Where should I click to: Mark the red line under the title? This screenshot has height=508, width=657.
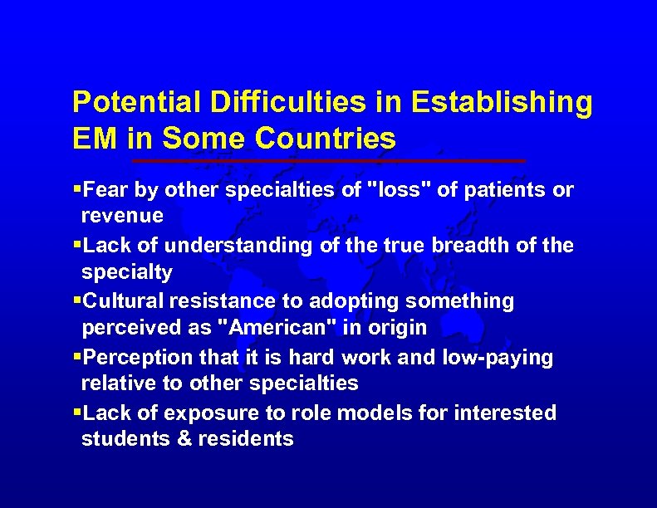[x=329, y=159]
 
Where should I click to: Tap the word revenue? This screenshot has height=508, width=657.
[x=122, y=216]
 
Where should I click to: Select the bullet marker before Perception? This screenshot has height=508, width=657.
[x=77, y=357]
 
